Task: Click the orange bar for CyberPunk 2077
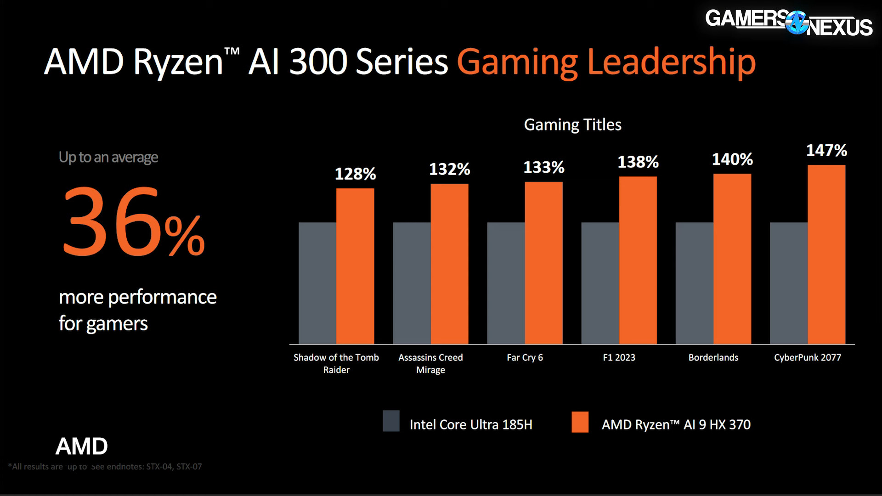pyautogui.click(x=826, y=255)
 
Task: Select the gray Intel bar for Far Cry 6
pyautogui.click(x=506, y=283)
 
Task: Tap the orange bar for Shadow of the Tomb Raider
pyautogui.click(x=355, y=266)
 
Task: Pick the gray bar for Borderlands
pyautogui.click(x=694, y=283)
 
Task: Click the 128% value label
pyautogui.click(x=355, y=174)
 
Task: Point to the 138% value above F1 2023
pyautogui.click(x=638, y=162)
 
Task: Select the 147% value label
pyautogui.click(x=826, y=151)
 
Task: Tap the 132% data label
pyautogui.click(x=449, y=169)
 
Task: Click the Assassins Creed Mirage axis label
pyautogui.click(x=430, y=363)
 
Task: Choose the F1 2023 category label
pyautogui.click(x=619, y=357)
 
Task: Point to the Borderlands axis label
pyautogui.click(x=713, y=357)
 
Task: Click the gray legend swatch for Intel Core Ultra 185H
pyautogui.click(x=391, y=421)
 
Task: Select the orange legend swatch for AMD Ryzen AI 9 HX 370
pyautogui.click(x=580, y=422)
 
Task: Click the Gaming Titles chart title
pyautogui.click(x=572, y=125)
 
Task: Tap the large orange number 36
pyautogui.click(x=110, y=221)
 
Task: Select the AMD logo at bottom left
pyautogui.click(x=82, y=446)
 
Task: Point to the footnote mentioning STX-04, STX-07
pyautogui.click(x=105, y=467)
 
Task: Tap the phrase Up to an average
pyautogui.click(x=108, y=158)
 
